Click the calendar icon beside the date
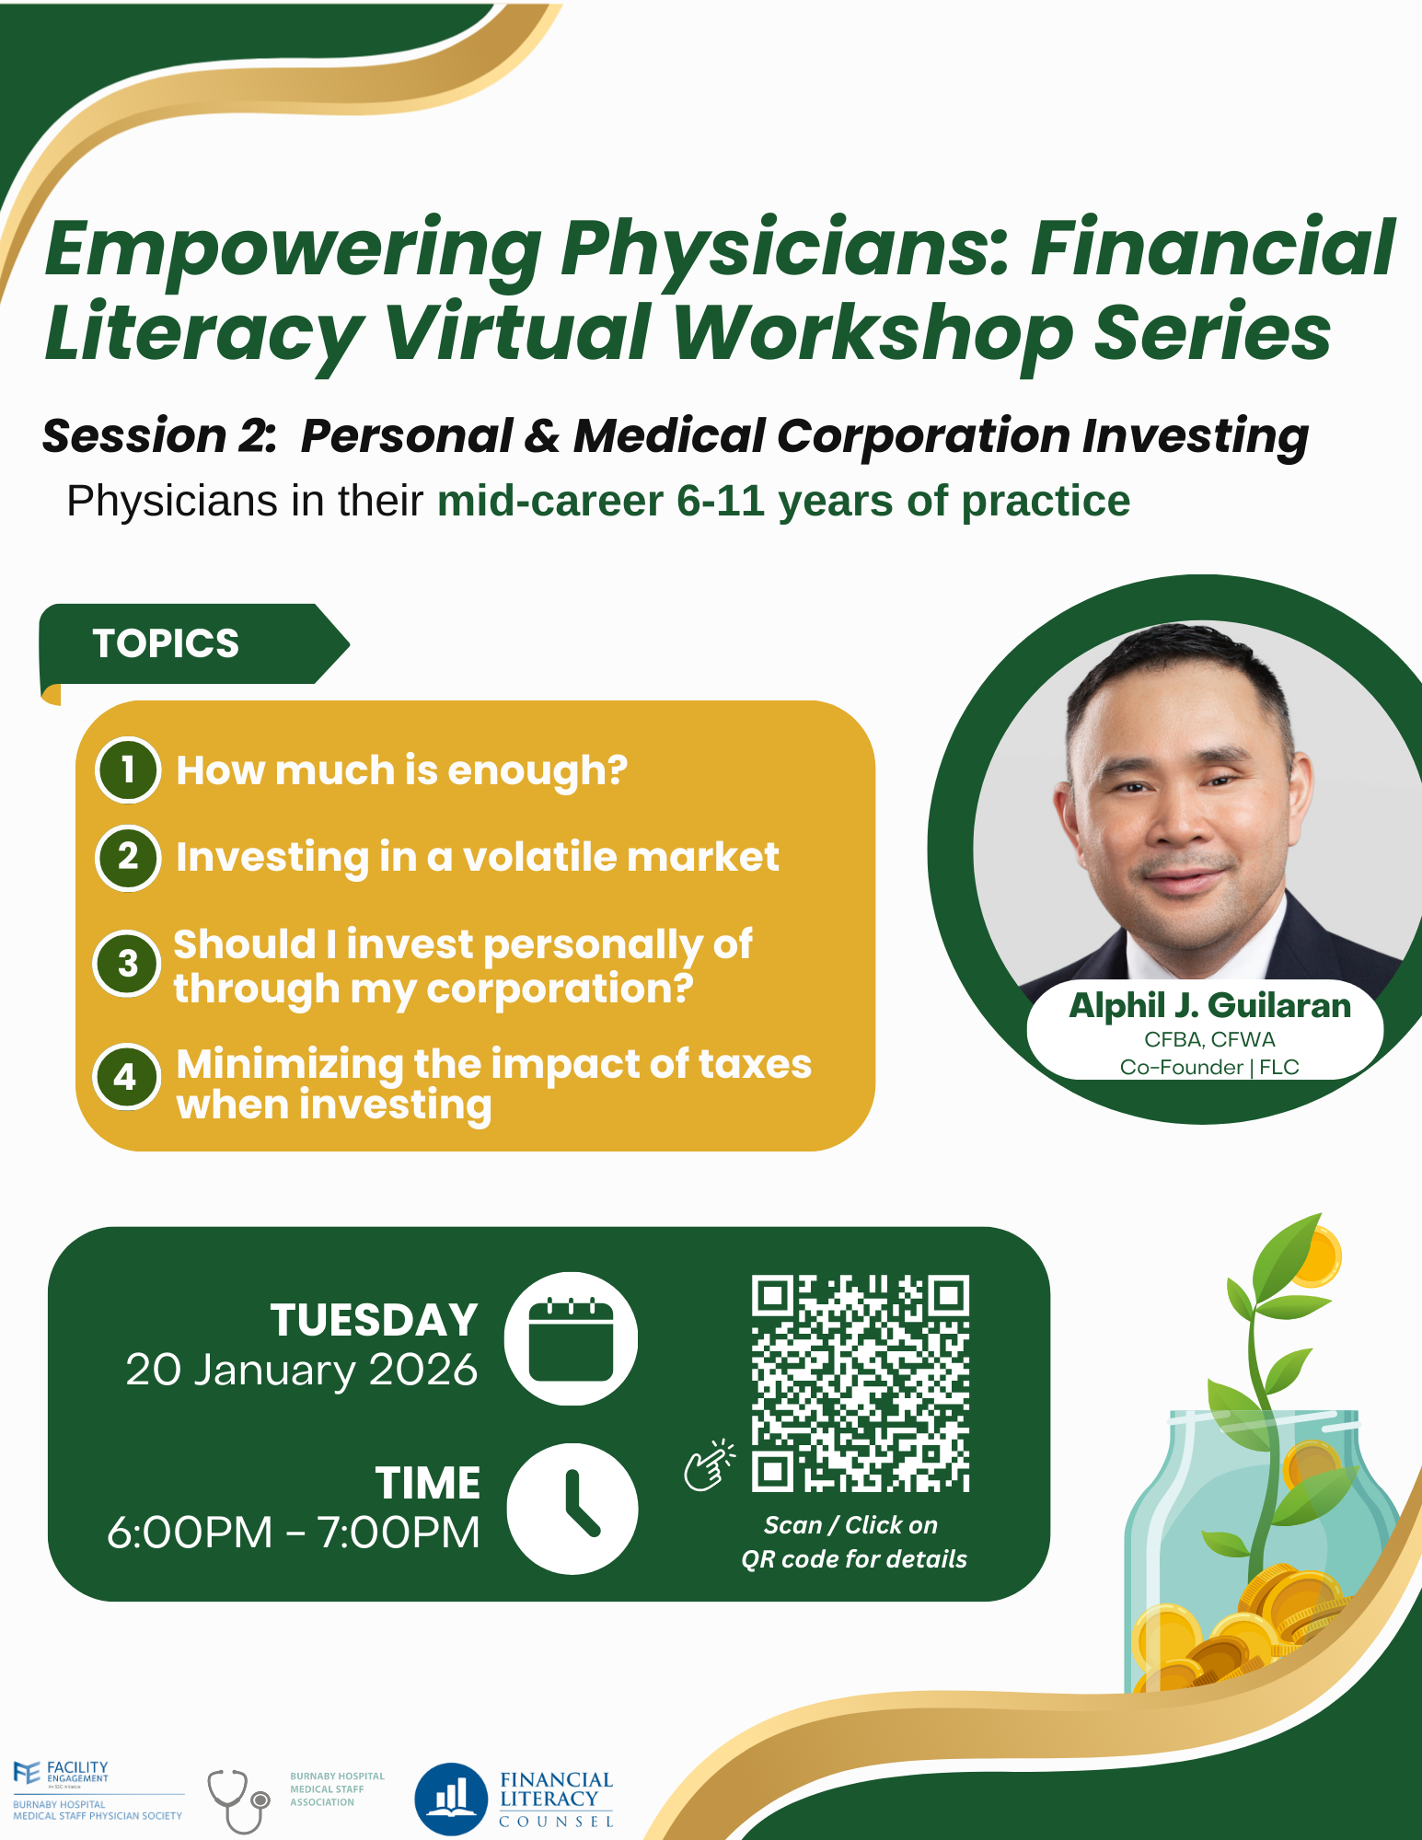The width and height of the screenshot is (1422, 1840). point(571,1338)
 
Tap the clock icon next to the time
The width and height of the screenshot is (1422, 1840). point(572,1509)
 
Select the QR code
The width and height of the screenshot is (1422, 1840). point(860,1383)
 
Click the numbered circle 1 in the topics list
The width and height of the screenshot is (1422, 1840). point(128,770)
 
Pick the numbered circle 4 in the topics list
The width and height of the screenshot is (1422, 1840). point(126,1077)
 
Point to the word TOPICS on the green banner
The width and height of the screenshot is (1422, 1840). point(166,643)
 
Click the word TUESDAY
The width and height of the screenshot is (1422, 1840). point(374,1320)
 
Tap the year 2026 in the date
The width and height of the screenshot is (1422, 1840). point(423,1370)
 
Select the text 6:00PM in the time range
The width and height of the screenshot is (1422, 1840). point(190,1533)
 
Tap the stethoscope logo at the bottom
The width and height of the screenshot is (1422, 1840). point(238,1799)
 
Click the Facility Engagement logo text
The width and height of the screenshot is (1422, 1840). point(77,1771)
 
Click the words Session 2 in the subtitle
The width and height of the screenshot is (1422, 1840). point(158,435)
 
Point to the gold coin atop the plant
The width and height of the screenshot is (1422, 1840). point(1314,1256)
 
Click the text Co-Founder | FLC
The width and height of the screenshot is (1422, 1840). point(1209,1067)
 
